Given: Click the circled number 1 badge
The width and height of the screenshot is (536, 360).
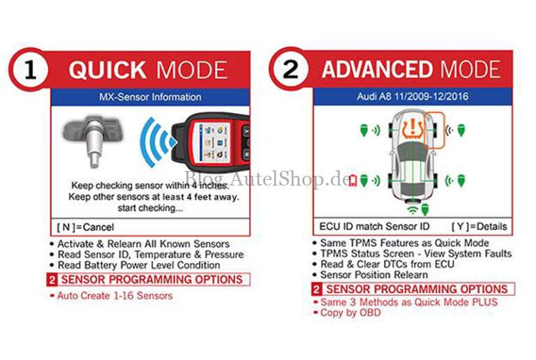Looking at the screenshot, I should click(x=29, y=70).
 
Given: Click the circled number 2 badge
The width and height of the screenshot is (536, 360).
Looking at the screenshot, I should click(x=291, y=69).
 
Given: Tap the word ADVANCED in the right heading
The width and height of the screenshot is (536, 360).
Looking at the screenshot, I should click(x=377, y=69).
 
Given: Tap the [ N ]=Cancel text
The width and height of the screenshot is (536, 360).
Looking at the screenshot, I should click(x=84, y=227).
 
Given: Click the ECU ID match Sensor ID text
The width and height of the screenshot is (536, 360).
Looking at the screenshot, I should click(x=374, y=227).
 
